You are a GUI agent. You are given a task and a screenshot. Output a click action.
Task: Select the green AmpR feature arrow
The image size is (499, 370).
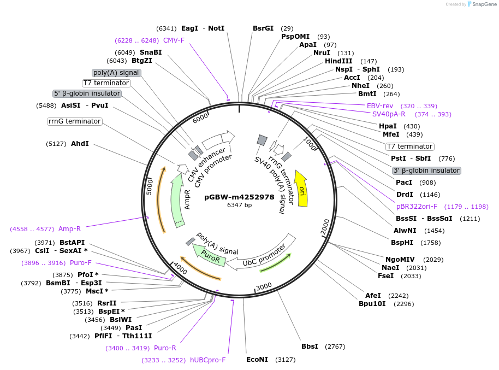click(x=177, y=201)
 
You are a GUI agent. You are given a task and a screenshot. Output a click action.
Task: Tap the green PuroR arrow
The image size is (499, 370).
click(x=209, y=255)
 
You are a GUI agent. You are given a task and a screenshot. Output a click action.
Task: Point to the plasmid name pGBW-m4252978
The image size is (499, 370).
click(x=239, y=197)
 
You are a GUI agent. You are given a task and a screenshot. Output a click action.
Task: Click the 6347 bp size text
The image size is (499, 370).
click(x=239, y=205)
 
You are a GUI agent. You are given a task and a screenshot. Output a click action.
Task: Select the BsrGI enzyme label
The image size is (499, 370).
click(x=263, y=28)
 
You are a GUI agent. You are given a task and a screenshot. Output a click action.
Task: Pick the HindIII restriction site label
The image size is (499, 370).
click(x=338, y=61)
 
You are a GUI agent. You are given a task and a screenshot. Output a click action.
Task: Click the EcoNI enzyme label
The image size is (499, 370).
click(x=257, y=360)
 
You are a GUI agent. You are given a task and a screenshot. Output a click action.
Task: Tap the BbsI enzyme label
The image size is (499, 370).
click(x=310, y=346)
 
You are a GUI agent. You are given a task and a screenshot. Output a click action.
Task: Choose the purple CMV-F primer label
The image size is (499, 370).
click(x=174, y=40)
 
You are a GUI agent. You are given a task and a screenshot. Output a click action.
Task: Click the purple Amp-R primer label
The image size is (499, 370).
click(x=69, y=229)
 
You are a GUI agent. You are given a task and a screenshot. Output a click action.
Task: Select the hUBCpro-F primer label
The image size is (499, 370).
click(x=208, y=360)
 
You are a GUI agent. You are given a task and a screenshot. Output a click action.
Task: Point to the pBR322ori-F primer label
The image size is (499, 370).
click(x=417, y=207)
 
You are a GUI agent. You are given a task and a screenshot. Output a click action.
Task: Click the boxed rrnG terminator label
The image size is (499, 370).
click(x=75, y=121)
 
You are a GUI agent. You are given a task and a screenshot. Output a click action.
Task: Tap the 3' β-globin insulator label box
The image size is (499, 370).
click(x=427, y=171)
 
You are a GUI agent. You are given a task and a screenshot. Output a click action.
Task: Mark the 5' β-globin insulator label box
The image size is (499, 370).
click(x=87, y=93)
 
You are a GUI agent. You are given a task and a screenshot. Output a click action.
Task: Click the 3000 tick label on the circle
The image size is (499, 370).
click(x=264, y=286)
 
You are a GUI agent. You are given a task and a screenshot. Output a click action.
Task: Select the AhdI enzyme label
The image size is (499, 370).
click(x=80, y=144)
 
